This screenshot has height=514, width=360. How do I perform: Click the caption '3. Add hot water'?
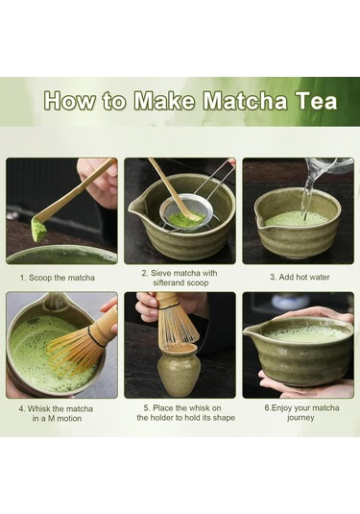click(298, 278)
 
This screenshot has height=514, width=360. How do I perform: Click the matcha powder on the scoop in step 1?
click(39, 230)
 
